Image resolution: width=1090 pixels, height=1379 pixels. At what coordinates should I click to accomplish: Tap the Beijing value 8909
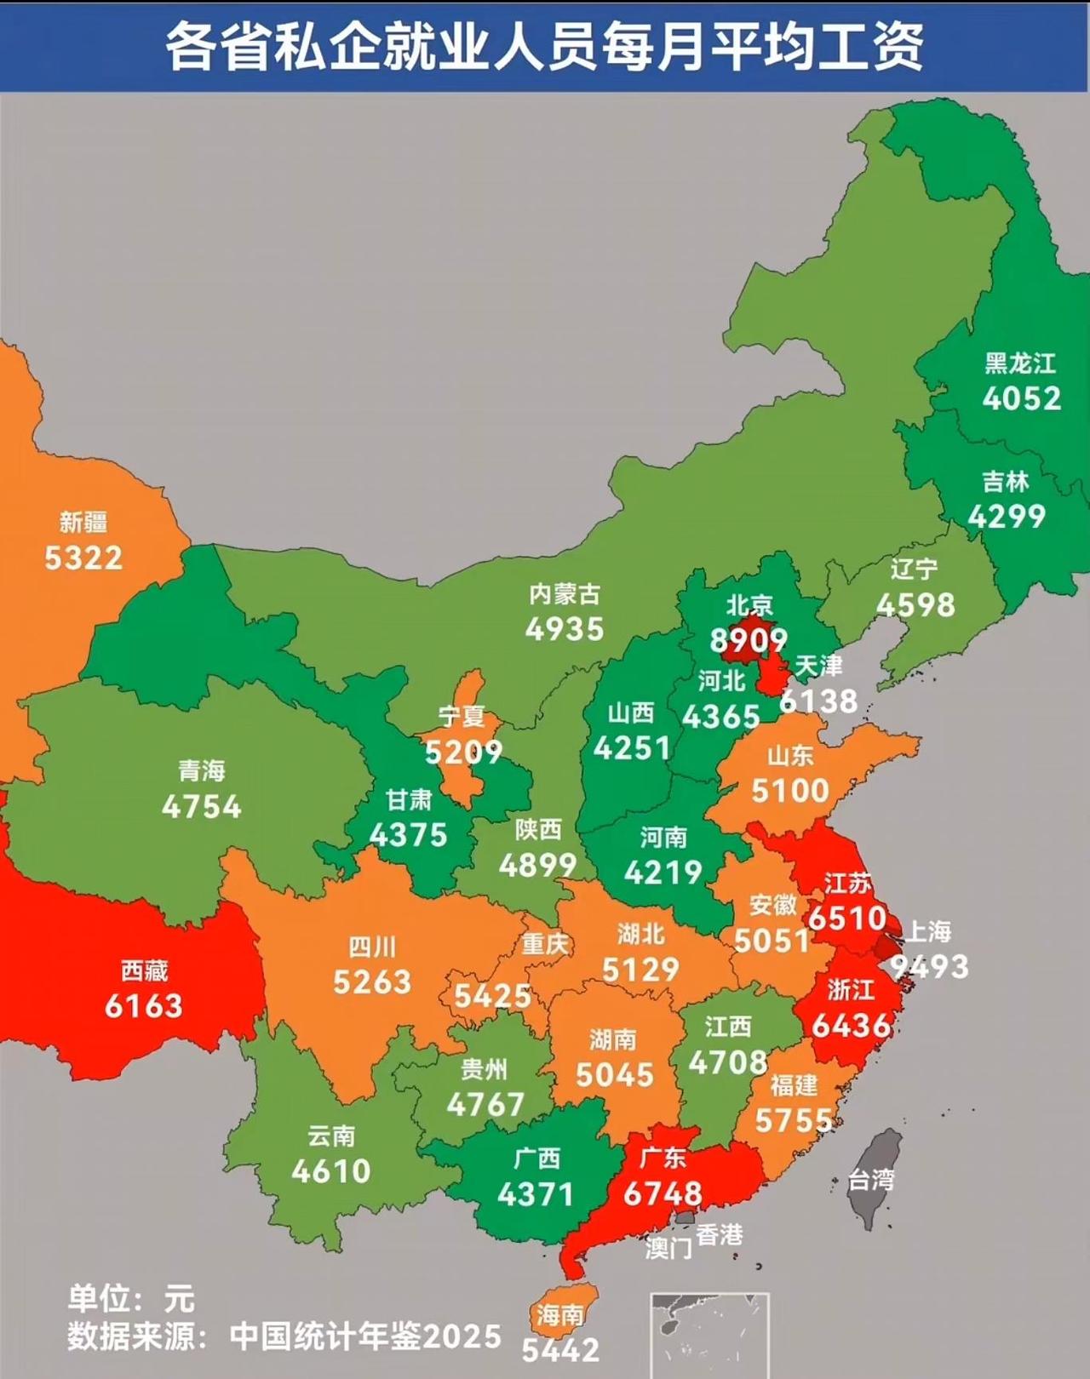(x=749, y=640)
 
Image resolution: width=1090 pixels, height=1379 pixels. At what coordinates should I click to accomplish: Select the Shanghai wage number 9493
(x=929, y=967)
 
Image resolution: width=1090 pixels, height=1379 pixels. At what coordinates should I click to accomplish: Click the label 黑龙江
(x=1020, y=364)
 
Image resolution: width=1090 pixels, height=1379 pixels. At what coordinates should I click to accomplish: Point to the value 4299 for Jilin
(x=1007, y=517)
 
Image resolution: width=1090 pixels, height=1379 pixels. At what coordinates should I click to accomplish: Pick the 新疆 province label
(x=83, y=522)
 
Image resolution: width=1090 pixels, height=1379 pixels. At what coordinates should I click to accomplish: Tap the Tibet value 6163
(x=144, y=1006)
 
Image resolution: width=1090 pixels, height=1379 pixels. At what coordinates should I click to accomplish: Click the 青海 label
(x=202, y=771)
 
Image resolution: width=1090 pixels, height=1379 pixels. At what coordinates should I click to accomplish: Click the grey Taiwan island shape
(x=874, y=1179)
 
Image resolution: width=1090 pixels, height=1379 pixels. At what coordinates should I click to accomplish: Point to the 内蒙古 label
(x=565, y=594)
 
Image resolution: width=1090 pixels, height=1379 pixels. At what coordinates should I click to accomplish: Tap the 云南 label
(x=331, y=1136)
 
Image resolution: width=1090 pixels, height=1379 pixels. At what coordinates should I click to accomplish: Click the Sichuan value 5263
(x=372, y=982)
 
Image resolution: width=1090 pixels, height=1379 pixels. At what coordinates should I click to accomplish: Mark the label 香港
(x=720, y=1234)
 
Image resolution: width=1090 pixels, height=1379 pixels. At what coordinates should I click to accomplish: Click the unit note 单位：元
(x=132, y=1300)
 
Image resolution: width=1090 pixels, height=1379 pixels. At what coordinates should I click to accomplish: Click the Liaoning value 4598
(x=915, y=605)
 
